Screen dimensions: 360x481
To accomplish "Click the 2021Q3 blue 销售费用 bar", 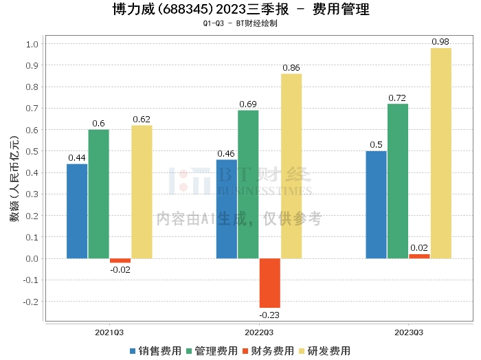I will coord(77,211).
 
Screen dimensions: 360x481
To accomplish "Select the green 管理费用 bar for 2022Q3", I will coord(248,184).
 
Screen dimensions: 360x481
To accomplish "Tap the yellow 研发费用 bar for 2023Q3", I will coord(440,153).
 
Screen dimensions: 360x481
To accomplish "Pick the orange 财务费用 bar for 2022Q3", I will coord(269,283).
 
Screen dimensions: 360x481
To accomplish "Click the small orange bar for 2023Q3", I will coord(419,256).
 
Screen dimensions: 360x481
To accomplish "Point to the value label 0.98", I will coord(440,42).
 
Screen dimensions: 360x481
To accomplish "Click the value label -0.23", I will coord(269,315).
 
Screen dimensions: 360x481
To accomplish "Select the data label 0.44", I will coord(77,158).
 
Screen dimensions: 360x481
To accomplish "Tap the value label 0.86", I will coord(291,68).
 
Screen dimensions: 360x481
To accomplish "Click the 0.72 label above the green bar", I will coord(398,98).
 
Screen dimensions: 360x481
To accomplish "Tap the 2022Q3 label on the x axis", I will coord(259,331).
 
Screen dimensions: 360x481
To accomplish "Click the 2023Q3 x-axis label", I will coord(408,331).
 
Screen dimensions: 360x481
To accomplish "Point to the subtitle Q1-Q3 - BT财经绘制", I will coord(240,23).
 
